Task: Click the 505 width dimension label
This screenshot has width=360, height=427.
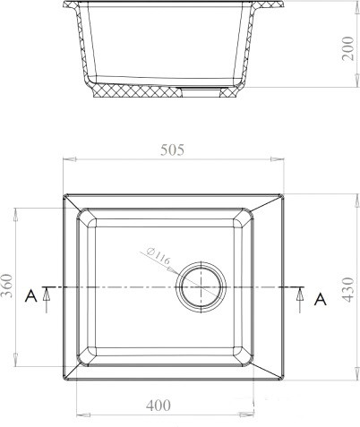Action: [172, 150]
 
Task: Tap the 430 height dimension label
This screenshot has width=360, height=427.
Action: [347, 287]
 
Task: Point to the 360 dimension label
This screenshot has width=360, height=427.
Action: [10, 287]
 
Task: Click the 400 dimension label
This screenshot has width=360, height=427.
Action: [158, 406]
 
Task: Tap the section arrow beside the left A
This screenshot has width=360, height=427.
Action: [45, 295]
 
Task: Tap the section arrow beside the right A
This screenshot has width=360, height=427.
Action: [300, 295]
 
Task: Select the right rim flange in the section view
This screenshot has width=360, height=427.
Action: [269, 12]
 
